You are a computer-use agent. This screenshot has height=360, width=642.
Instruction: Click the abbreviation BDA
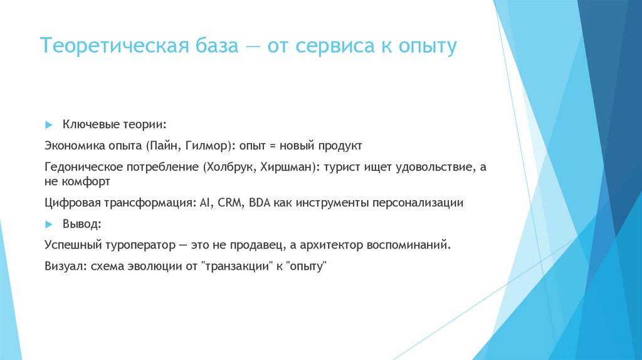click(x=260, y=203)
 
